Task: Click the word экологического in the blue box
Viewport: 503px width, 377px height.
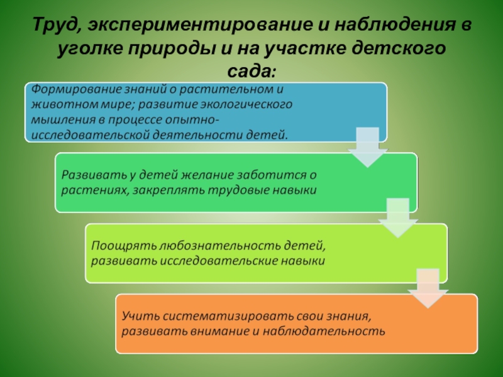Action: [x=246, y=105]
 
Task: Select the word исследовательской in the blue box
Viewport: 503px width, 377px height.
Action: [x=91, y=134]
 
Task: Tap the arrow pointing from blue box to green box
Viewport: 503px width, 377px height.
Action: [x=368, y=147]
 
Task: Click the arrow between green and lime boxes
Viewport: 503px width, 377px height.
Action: [x=398, y=217]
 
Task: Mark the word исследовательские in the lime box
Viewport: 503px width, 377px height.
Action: [x=219, y=261]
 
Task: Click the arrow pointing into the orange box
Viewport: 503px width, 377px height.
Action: [x=428, y=288]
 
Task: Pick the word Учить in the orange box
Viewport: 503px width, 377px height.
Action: [x=140, y=316]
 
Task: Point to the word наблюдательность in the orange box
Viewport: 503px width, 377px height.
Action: [x=324, y=332]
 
